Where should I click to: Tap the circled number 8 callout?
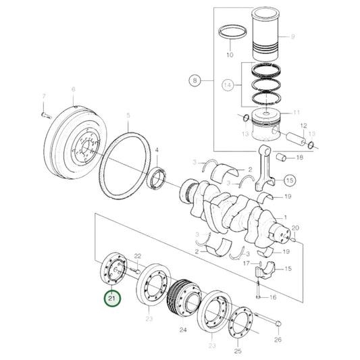tap(195, 82)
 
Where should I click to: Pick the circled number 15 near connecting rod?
tap(288, 180)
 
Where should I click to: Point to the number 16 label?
tap(272, 297)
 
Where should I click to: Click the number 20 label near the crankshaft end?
tap(294, 229)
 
